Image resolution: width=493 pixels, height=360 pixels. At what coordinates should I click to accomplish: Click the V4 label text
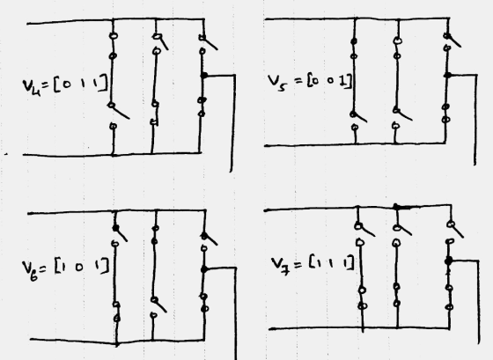click(32, 86)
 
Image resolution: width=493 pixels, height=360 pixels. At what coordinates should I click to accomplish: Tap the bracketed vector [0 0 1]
click(329, 82)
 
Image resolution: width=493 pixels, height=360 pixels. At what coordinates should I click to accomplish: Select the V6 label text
click(31, 269)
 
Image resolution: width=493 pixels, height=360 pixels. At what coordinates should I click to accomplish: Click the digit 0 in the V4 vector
click(67, 85)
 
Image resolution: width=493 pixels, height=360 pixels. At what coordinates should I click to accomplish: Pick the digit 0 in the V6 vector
click(79, 268)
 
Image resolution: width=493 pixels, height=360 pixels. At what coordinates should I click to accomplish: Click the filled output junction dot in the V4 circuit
click(204, 76)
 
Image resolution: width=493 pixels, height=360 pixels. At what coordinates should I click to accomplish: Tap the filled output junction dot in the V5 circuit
click(448, 75)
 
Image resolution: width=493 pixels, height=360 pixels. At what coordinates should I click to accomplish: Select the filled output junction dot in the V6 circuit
click(204, 269)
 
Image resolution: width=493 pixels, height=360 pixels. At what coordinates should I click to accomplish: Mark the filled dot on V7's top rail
click(397, 207)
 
